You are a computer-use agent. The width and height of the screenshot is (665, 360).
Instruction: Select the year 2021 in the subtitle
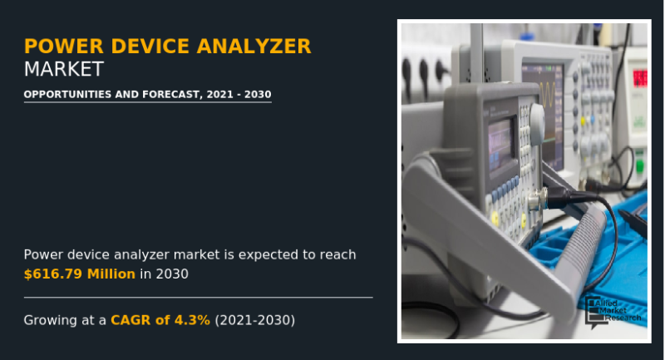point(218,95)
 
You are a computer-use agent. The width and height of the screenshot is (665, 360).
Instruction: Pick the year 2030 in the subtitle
point(256,95)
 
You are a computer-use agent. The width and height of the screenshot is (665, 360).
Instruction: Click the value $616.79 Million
point(79,274)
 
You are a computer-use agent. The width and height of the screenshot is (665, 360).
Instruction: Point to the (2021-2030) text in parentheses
point(254,319)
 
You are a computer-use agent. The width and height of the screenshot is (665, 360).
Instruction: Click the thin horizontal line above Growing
point(198,297)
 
